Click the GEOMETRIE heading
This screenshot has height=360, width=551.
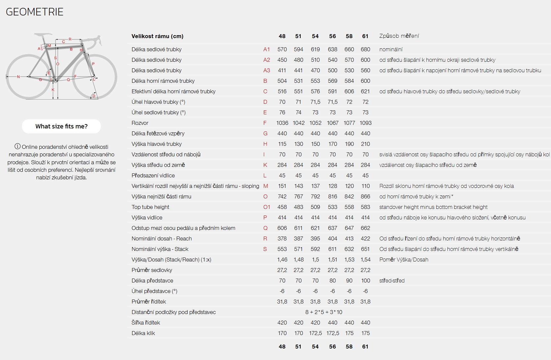[x=34, y=12]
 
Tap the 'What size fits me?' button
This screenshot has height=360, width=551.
[x=61, y=126]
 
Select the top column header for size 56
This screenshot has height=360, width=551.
[x=333, y=36]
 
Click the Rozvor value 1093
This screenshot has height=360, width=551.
[x=365, y=123]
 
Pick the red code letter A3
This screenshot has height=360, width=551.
[x=266, y=70]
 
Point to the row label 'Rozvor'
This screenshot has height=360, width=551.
[x=140, y=123]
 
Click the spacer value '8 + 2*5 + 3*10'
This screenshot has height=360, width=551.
[x=324, y=312]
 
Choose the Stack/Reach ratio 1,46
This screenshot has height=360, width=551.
[x=282, y=259]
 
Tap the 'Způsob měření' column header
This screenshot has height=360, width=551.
[x=399, y=36]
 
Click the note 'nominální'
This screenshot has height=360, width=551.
[x=391, y=49]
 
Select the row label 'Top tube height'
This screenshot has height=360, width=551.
[x=150, y=207]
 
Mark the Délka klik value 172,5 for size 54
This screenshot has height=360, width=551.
[x=315, y=333]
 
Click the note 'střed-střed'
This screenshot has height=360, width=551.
[x=392, y=281]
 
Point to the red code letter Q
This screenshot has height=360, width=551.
[x=265, y=228]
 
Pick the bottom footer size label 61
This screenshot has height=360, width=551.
[x=365, y=347]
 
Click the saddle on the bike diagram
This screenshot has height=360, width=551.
[x=43, y=34]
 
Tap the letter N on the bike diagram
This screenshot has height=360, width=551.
[x=18, y=77]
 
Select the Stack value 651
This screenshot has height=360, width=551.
[x=365, y=249]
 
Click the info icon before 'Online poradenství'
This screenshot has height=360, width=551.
[x=17, y=146]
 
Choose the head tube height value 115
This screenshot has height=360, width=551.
[x=282, y=144]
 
